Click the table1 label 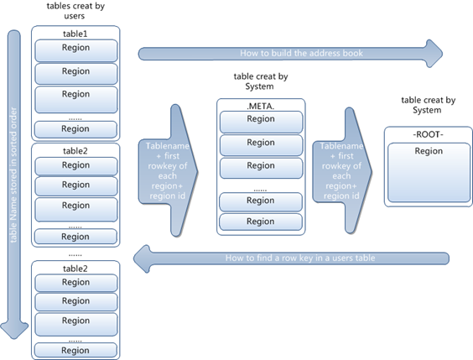(x=75, y=34)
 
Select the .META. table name (x=261, y=107)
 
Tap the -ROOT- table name (x=428, y=134)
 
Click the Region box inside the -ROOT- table (x=429, y=172)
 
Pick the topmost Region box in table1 (x=76, y=50)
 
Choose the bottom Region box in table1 (x=75, y=129)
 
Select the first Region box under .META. (x=261, y=122)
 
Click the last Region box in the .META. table (x=261, y=222)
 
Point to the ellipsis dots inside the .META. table (x=260, y=190)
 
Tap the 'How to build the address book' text (x=301, y=53)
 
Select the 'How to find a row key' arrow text (x=300, y=258)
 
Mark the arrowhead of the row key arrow (x=142, y=258)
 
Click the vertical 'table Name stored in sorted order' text (x=13, y=175)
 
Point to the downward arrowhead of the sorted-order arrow (x=14, y=331)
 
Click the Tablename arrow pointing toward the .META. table (x=168, y=170)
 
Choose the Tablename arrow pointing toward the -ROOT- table (x=342, y=170)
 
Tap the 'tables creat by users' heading (x=75, y=11)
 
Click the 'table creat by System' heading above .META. (x=261, y=81)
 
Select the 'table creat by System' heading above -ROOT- (x=428, y=105)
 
